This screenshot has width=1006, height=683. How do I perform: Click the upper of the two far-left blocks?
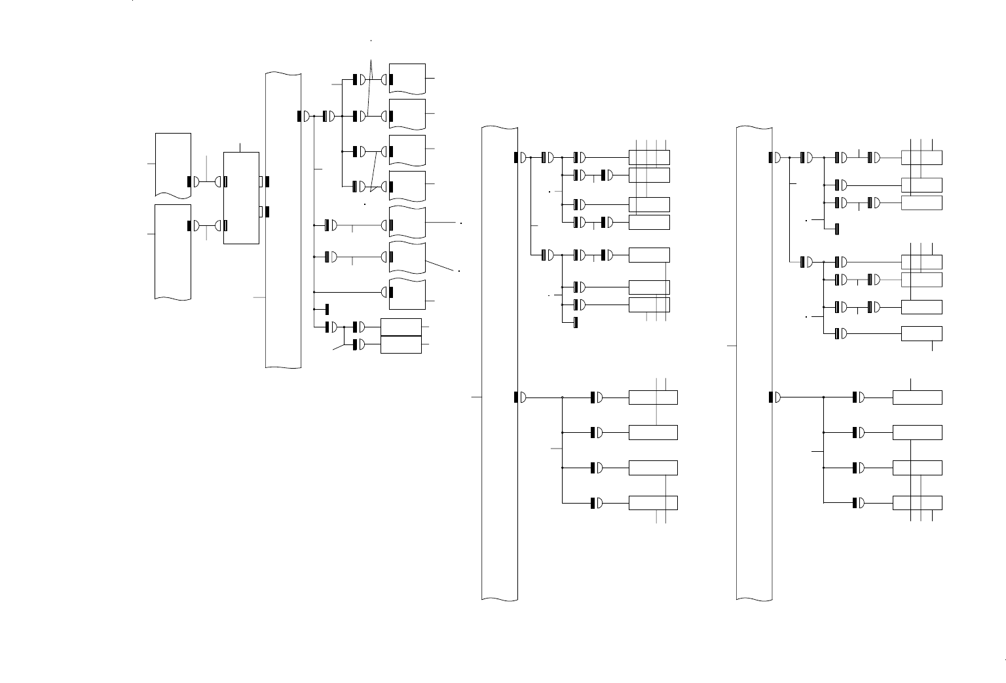pyautogui.click(x=173, y=164)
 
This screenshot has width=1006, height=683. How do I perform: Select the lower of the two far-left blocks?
pyautogui.click(x=173, y=251)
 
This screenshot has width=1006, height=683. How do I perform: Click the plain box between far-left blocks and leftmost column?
pyautogui.click(x=241, y=198)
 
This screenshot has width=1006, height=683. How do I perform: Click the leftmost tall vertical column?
pyautogui.click(x=283, y=220)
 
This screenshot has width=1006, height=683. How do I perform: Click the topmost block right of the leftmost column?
pyautogui.click(x=407, y=79)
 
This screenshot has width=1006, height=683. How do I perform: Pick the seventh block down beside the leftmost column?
pyautogui.click(x=407, y=294)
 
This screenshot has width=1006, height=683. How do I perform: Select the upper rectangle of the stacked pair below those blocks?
pyautogui.click(x=401, y=327)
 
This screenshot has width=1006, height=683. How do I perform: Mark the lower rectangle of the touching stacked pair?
pyautogui.click(x=401, y=344)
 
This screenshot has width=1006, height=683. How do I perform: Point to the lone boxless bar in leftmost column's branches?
pyautogui.click(x=327, y=309)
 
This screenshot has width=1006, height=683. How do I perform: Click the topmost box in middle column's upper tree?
pyautogui.click(x=649, y=157)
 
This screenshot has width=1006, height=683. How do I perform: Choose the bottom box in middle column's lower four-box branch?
pyautogui.click(x=653, y=503)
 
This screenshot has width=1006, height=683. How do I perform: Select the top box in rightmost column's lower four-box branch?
pyautogui.click(x=917, y=397)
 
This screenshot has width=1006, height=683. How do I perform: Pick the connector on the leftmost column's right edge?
pyautogui.click(x=303, y=116)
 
